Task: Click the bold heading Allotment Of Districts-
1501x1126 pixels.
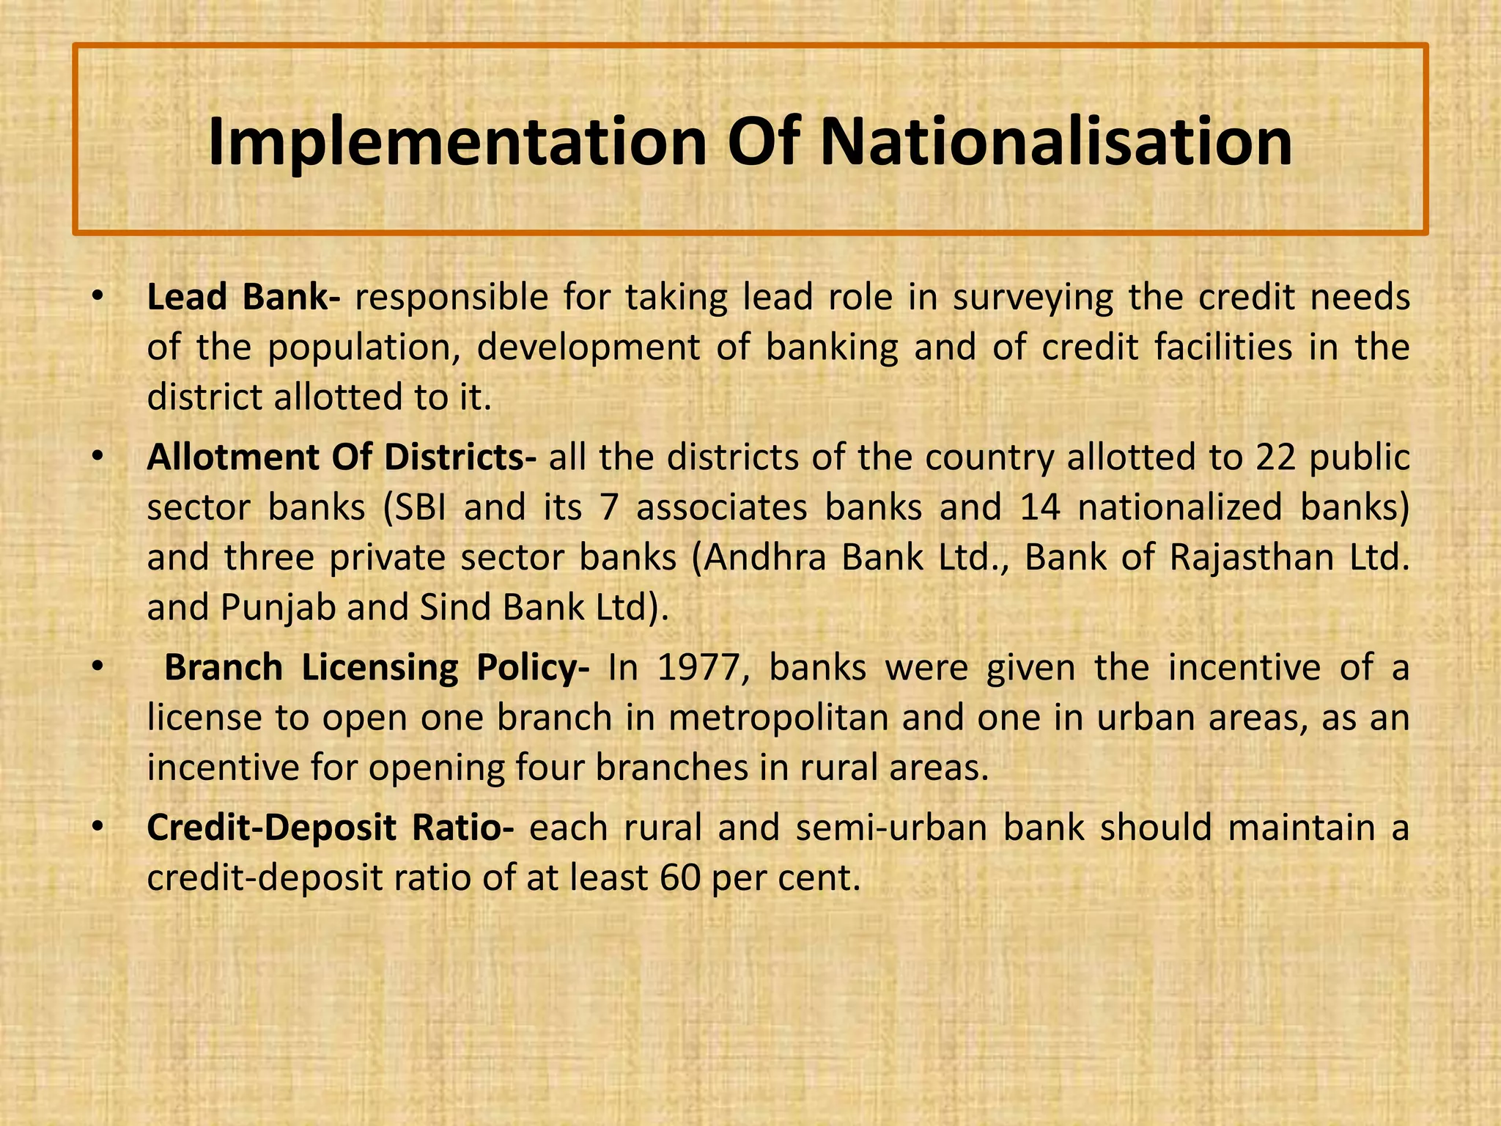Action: click(x=342, y=457)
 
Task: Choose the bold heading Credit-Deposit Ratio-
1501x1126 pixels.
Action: click(x=331, y=828)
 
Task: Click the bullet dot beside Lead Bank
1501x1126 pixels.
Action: click(x=97, y=298)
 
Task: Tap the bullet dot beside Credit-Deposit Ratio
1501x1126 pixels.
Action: click(x=97, y=828)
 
